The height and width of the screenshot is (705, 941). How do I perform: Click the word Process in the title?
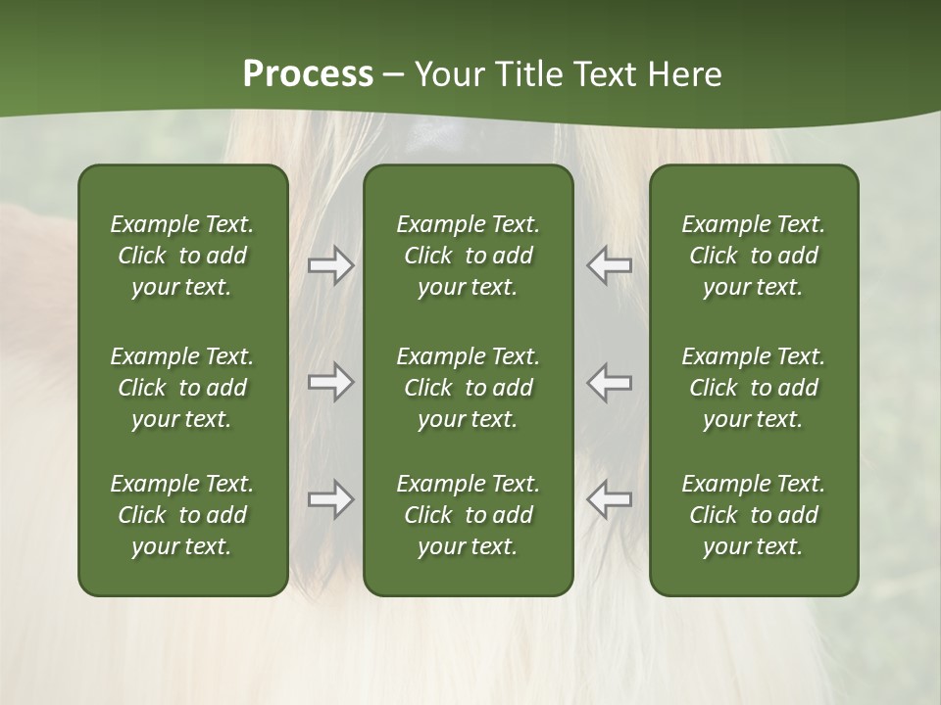coord(308,74)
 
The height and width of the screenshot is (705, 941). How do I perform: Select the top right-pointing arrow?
coord(330,264)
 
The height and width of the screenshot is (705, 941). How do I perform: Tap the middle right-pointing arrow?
coord(330,382)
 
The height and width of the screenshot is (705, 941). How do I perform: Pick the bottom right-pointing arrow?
coord(330,500)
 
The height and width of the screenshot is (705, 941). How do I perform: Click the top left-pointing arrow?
coord(609,264)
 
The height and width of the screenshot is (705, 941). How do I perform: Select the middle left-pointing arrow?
coord(609,382)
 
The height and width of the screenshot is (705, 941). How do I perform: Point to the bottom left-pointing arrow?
coord(609,500)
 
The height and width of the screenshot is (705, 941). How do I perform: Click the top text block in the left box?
coord(182,256)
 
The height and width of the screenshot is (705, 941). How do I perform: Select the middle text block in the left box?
coord(182,388)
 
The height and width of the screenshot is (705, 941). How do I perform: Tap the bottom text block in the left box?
coord(182,515)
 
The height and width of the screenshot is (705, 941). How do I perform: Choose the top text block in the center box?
coord(468,256)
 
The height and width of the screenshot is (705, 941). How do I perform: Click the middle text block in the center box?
coord(468,388)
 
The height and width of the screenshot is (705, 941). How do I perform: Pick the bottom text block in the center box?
coord(468,515)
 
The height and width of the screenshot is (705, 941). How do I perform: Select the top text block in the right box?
coord(753,256)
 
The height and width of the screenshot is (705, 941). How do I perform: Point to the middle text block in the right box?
coord(753,388)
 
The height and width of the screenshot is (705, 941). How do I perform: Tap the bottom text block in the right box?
coord(753,515)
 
